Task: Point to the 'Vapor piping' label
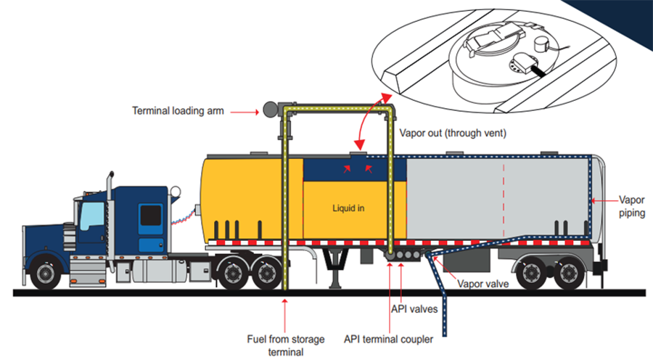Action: (630, 206)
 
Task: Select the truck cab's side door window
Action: (150, 214)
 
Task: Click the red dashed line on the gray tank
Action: (503, 196)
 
